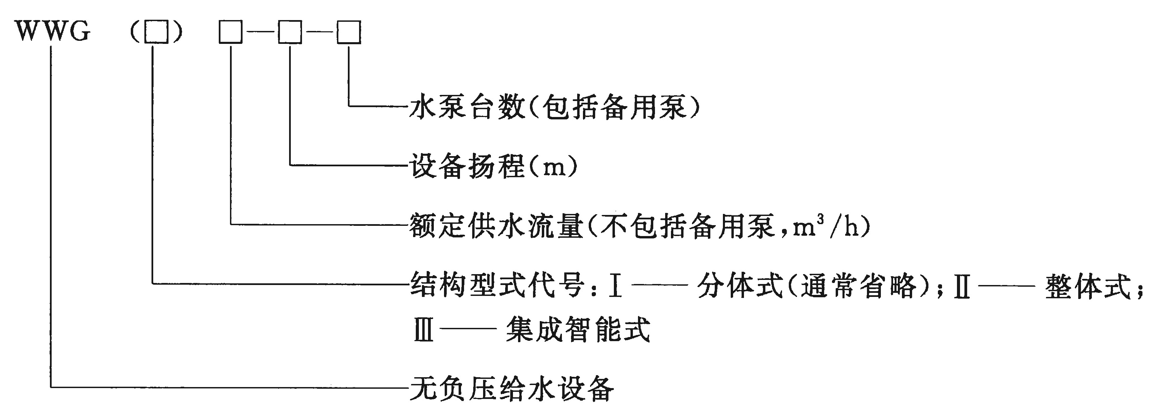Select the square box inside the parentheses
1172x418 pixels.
(x=156, y=32)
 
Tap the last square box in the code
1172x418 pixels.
(x=349, y=32)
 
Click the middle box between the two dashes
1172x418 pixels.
(x=290, y=32)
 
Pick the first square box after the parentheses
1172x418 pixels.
(x=231, y=32)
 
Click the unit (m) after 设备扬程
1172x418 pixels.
(x=552, y=167)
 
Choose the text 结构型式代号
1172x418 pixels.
(x=496, y=285)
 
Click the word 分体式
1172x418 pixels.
(x=740, y=285)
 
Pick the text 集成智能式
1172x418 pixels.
(x=578, y=329)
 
